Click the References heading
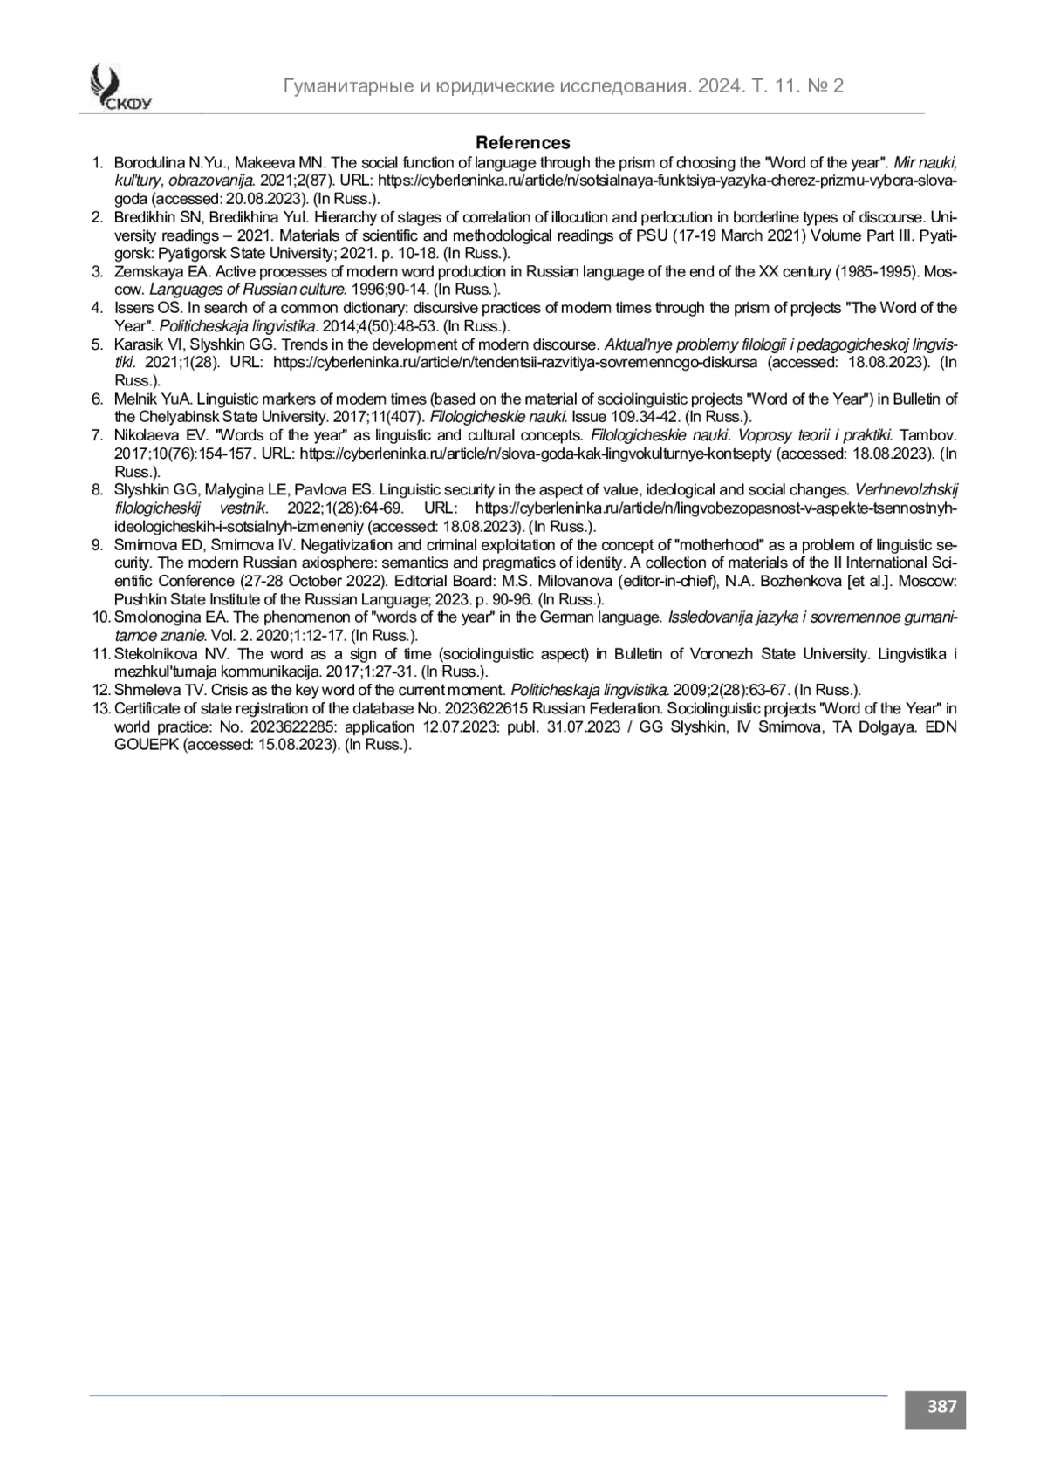pos(523,142)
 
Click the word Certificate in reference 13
pos(145,708)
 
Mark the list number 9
pos(98,545)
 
